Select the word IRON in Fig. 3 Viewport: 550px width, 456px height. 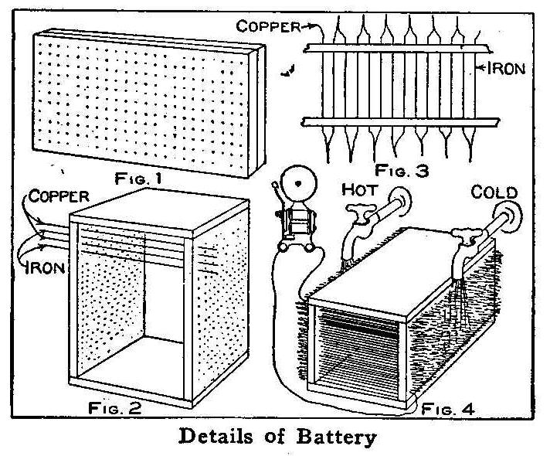pyautogui.click(x=504, y=68)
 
